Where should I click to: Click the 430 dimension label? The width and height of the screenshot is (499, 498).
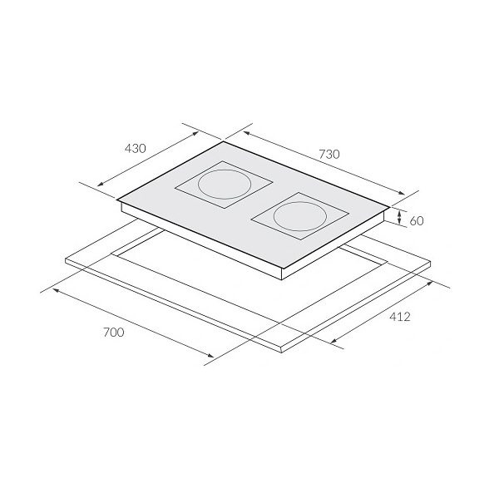click(135, 148)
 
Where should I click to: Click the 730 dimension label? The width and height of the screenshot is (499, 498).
click(329, 154)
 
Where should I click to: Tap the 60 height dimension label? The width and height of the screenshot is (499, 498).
click(417, 221)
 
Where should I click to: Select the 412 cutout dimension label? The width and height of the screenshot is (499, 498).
click(400, 317)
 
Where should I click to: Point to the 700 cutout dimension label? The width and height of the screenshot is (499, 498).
click(114, 333)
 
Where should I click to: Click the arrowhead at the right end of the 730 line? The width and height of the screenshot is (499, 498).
click(402, 192)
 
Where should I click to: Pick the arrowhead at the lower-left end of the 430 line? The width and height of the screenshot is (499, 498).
click(100, 184)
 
